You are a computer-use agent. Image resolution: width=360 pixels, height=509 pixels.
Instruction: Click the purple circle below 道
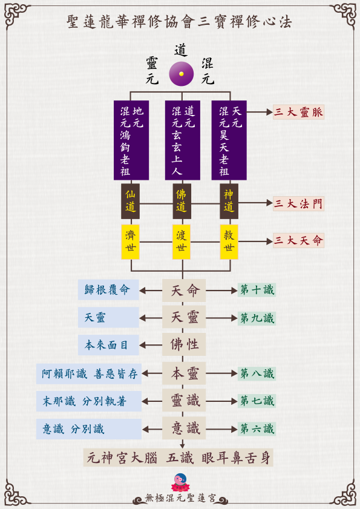[x=181, y=74]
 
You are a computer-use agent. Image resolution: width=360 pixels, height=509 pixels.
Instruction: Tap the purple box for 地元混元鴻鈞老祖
[x=131, y=140]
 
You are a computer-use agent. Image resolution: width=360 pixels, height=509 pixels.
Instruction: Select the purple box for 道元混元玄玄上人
[x=183, y=140]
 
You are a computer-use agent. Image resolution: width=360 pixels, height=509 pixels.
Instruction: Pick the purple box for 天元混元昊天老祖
[x=229, y=140]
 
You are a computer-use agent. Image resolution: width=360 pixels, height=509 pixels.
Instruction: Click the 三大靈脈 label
[x=298, y=112]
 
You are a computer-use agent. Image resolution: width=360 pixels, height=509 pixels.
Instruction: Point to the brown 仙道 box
[x=131, y=202]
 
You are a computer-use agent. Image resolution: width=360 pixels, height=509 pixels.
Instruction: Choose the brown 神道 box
[x=229, y=202]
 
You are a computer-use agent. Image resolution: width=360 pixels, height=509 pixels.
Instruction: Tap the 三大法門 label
[x=298, y=203]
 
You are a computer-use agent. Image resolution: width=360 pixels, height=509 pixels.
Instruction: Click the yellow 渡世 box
[x=182, y=242]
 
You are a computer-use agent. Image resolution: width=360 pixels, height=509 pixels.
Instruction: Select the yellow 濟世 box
[x=131, y=242]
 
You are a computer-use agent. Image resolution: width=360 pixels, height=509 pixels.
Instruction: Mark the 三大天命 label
[x=298, y=240]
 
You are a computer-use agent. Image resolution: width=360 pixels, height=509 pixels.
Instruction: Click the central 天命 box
[x=184, y=290]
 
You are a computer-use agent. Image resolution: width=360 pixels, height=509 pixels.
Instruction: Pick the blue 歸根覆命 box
[x=108, y=289]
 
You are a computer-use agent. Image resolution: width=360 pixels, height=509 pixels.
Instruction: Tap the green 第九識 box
[x=257, y=318]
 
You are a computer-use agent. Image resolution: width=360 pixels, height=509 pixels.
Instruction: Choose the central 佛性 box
[x=184, y=344]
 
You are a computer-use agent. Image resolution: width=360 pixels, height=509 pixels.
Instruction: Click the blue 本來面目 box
[x=108, y=345]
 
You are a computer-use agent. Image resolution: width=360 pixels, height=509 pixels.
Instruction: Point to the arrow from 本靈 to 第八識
[x=221, y=373]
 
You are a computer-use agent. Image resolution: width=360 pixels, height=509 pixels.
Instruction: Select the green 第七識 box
[x=257, y=401]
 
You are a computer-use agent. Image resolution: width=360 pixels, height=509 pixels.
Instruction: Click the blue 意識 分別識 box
[x=88, y=429]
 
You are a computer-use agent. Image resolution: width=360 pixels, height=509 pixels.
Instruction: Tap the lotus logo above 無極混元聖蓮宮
[x=180, y=482]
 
